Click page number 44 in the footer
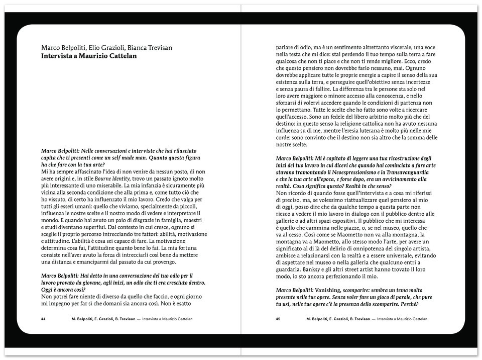44,319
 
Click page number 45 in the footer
278,319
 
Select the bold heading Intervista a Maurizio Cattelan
89,56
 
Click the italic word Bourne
104,178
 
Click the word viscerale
394,47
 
